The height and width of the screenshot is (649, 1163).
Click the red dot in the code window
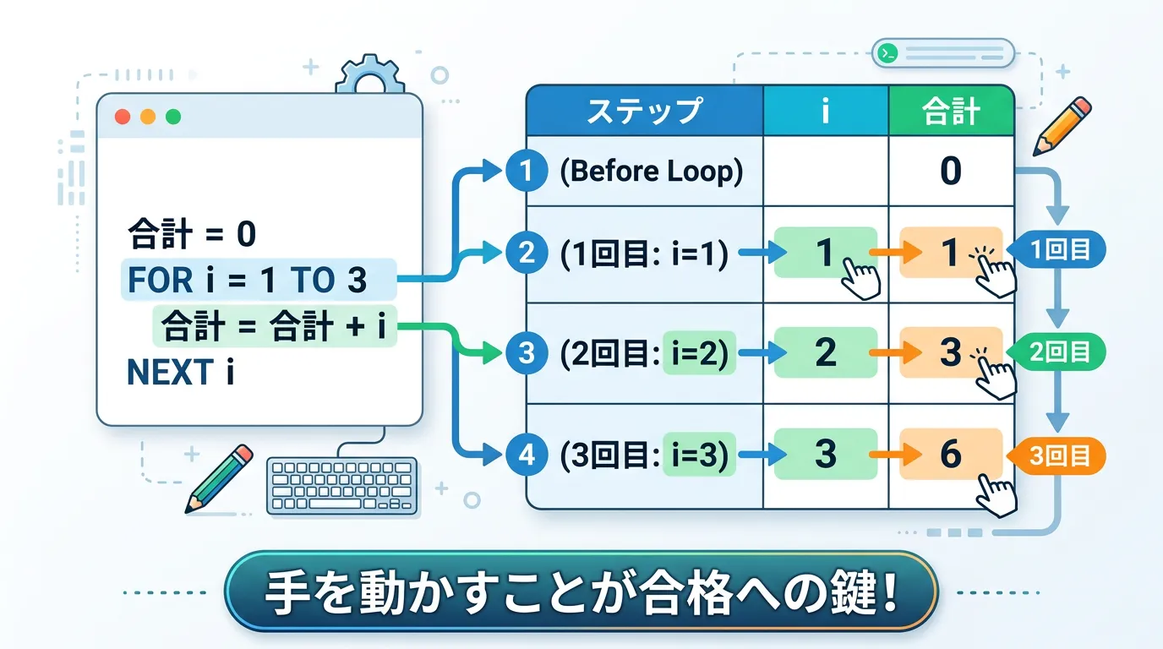pyautogui.click(x=123, y=117)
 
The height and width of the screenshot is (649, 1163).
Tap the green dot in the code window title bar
pyautogui.click(x=173, y=117)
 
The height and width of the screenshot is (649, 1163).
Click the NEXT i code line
pyautogui.click(x=179, y=372)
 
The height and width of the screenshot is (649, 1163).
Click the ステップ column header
pyautogui.click(x=644, y=111)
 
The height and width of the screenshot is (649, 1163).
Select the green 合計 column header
pyautogui.click(x=951, y=111)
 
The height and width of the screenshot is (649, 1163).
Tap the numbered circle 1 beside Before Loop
pyautogui.click(x=527, y=172)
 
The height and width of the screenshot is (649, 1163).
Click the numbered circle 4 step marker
pyautogui.click(x=527, y=455)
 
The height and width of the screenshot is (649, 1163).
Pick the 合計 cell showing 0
pyautogui.click(x=951, y=172)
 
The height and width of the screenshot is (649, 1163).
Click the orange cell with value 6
pyautogui.click(x=951, y=455)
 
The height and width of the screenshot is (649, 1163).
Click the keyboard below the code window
pyautogui.click(x=342, y=486)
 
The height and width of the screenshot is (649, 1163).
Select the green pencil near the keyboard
pyautogui.click(x=218, y=477)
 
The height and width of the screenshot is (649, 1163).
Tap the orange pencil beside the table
pyautogui.click(x=1062, y=126)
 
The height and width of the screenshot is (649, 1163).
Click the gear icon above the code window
pyautogui.click(x=370, y=78)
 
